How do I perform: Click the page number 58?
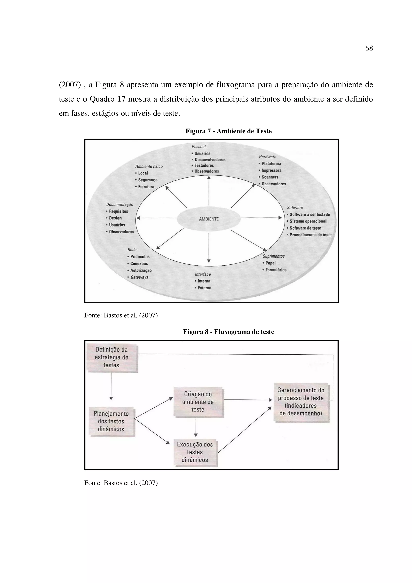pyautogui.click(x=369, y=48)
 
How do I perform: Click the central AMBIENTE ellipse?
pyautogui.click(x=209, y=219)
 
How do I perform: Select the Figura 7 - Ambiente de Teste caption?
pyautogui.click(x=229, y=131)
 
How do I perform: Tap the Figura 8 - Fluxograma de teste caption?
pyautogui.click(x=229, y=332)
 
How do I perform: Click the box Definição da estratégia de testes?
pyautogui.click(x=111, y=357)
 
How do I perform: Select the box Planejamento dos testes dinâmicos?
pyautogui.click(x=111, y=421)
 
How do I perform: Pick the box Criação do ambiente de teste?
pyautogui.click(x=198, y=402)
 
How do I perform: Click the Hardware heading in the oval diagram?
pyautogui.click(x=267, y=157)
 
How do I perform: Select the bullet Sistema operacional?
pyautogui.click(x=308, y=221)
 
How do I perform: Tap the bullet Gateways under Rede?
pyautogui.click(x=139, y=277)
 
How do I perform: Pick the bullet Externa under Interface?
pyautogui.click(x=204, y=288)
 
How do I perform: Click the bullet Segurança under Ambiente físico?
pyautogui.click(x=148, y=180)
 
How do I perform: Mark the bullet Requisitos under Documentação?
pyautogui.click(x=118, y=211)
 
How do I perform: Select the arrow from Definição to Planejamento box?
pyautogui.click(x=111, y=386)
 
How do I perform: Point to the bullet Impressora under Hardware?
pyautogui.click(x=271, y=170)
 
